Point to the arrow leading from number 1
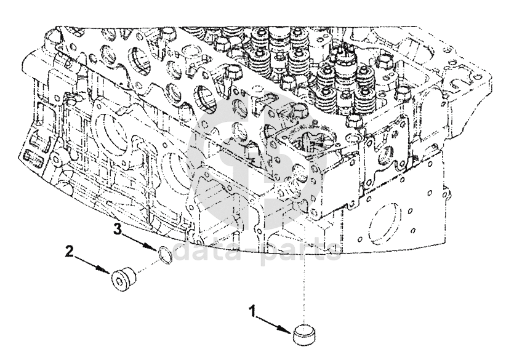[273, 321]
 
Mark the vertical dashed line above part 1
[303, 277]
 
